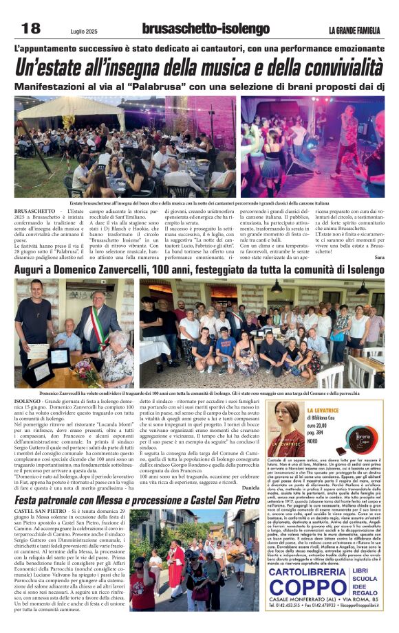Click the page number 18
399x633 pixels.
pyautogui.click(x=31, y=28)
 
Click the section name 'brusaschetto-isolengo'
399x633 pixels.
pyautogui.click(x=206, y=29)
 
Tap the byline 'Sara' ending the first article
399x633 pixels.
pyautogui.click(x=379, y=257)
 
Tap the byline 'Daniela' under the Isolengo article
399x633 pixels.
pyautogui.click(x=249, y=487)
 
